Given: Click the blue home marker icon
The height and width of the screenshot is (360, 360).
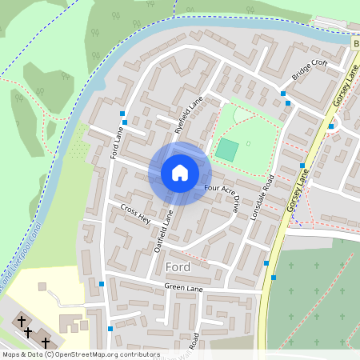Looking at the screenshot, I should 180,173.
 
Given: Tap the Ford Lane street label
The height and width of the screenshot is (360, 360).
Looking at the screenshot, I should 116,144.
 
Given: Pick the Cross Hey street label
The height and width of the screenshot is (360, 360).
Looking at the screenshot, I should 135,212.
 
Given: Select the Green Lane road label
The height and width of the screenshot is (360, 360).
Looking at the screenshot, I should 181,286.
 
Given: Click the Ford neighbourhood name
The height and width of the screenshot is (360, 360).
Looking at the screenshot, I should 177,266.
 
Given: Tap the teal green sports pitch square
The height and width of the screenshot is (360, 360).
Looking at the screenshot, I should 227,149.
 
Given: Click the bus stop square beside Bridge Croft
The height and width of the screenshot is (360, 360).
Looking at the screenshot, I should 283,94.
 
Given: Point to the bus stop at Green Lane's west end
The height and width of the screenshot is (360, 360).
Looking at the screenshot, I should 102,283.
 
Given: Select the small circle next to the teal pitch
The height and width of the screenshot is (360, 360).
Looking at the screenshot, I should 248,143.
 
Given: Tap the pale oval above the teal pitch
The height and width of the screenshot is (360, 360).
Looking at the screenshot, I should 242,115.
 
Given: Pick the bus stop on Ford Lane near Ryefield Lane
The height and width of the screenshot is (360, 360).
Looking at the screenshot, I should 122,113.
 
